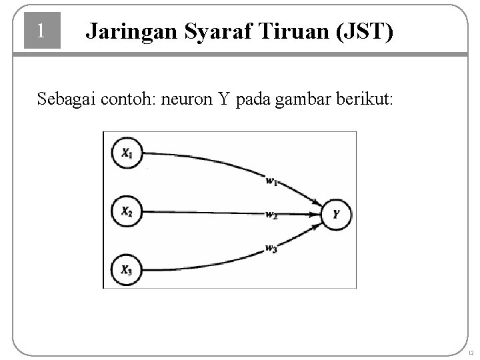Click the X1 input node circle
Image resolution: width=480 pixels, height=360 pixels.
(127, 153)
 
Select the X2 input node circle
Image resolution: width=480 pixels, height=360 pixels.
(127, 212)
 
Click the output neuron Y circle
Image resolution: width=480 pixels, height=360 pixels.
(336, 214)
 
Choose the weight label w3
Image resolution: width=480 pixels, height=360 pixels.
(271, 249)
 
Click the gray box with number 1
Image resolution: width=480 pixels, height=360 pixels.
(42, 31)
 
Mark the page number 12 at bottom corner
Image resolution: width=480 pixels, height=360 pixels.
(470, 352)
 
